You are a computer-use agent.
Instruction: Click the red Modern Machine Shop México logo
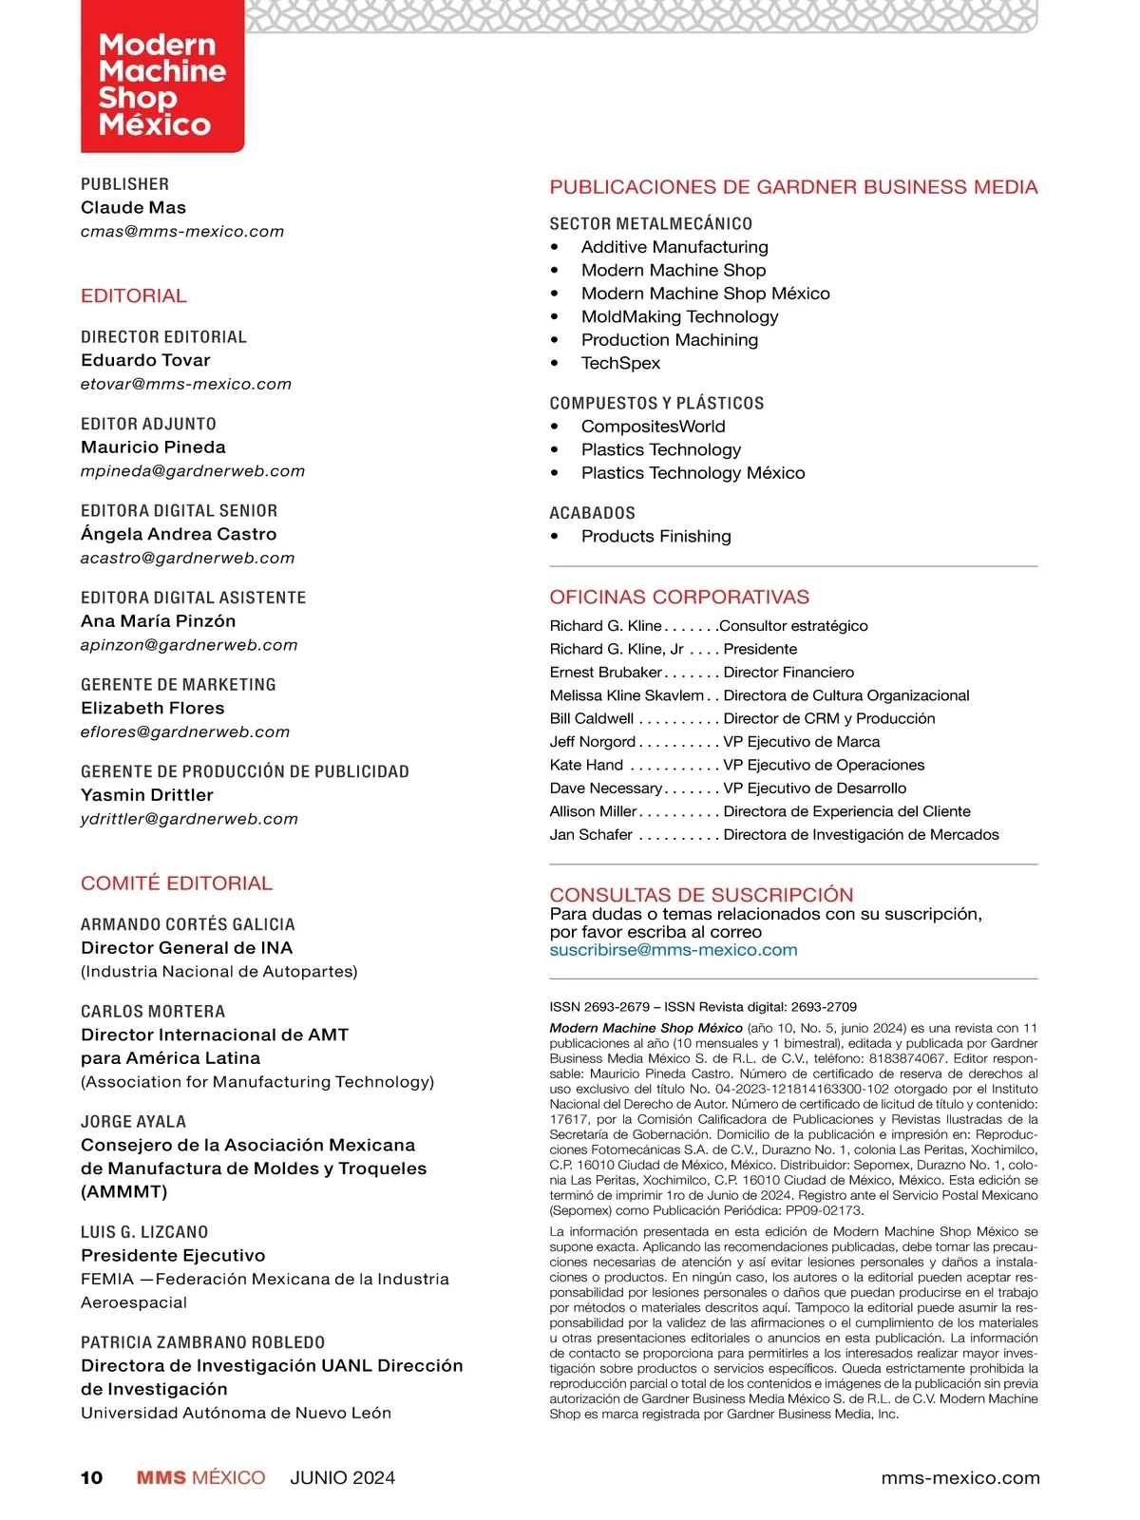(x=162, y=84)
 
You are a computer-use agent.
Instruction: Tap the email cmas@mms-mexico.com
(x=182, y=231)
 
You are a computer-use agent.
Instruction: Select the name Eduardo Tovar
(x=145, y=360)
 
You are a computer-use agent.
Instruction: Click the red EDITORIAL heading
(x=134, y=295)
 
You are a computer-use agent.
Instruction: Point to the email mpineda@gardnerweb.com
(x=193, y=470)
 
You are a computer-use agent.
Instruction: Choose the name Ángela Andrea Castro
(x=179, y=534)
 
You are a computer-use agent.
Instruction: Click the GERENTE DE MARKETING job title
(x=179, y=684)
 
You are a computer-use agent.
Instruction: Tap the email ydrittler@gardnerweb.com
(x=189, y=818)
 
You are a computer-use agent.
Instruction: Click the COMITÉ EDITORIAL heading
(x=177, y=883)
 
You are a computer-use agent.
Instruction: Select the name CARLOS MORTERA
(x=153, y=1011)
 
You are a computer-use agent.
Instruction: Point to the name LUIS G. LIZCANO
(x=144, y=1231)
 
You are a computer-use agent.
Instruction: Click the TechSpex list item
(x=620, y=363)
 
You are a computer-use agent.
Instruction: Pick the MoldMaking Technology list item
(x=679, y=316)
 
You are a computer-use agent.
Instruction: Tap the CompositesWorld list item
(x=653, y=427)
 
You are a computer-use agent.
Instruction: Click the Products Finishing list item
(x=655, y=536)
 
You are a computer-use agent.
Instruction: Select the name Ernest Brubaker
(x=605, y=672)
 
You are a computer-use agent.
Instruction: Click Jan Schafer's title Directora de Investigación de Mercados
(x=861, y=834)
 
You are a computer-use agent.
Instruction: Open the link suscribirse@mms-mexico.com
(x=674, y=950)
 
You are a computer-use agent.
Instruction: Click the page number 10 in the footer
(x=91, y=1477)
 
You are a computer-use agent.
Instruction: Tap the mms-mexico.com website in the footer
(x=960, y=1477)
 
